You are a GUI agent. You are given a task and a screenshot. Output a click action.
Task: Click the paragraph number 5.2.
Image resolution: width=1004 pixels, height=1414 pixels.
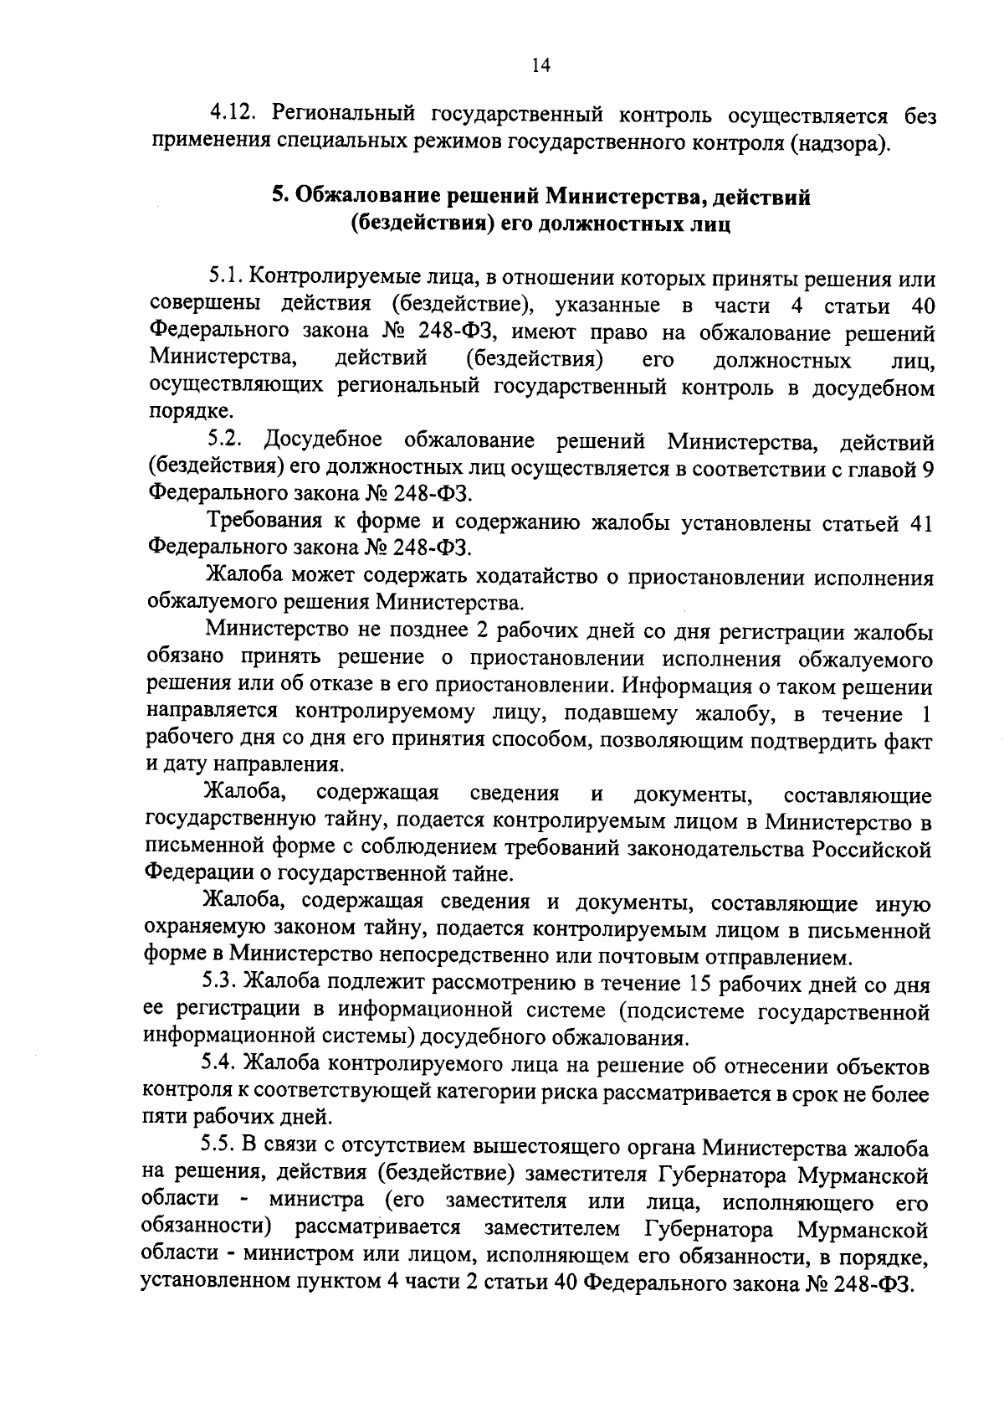click(225, 440)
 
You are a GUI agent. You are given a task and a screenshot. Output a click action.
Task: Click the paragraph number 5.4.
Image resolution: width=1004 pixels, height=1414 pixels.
click(221, 1066)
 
